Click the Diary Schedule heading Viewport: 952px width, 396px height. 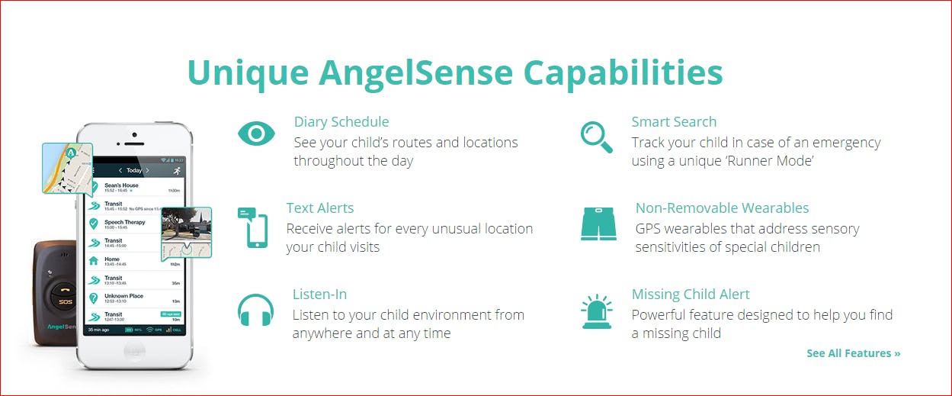tap(341, 122)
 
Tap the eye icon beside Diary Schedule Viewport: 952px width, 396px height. tap(256, 134)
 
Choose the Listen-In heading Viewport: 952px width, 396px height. tap(319, 295)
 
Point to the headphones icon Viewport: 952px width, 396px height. tap(255, 311)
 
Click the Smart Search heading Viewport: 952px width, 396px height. tap(674, 122)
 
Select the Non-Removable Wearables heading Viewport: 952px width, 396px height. tap(722, 208)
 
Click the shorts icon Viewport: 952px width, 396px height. tap(598, 224)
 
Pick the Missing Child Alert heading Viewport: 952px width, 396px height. tap(691, 295)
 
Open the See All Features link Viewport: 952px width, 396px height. tap(853, 353)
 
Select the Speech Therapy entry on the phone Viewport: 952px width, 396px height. tap(124, 223)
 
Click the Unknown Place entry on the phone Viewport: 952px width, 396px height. tap(123, 296)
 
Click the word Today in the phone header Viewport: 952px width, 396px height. tap(134, 170)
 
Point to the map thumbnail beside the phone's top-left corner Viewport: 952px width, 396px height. tap(67, 167)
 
